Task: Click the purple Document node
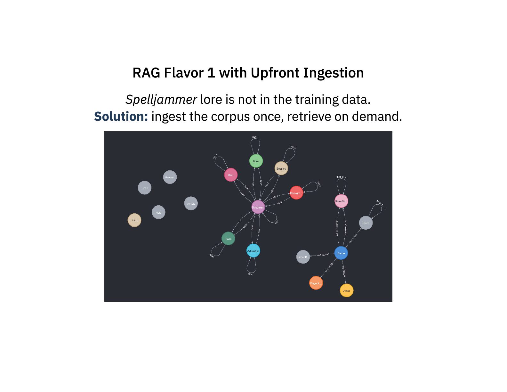(258, 207)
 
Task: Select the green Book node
(256, 161)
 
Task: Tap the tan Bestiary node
(281, 168)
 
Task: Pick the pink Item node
(231, 175)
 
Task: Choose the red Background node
(296, 193)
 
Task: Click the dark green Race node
(228, 239)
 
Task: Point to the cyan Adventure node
(253, 251)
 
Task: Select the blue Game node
(341, 253)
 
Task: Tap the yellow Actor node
(346, 290)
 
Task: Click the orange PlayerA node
(316, 283)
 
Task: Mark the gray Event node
(366, 223)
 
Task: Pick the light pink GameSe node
(341, 201)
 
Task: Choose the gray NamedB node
(303, 257)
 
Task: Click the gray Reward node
(170, 177)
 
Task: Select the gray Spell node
(145, 188)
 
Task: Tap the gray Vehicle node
(191, 203)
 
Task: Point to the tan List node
(134, 220)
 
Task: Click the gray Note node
(158, 212)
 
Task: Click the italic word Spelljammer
(161, 100)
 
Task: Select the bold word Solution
(121, 117)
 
